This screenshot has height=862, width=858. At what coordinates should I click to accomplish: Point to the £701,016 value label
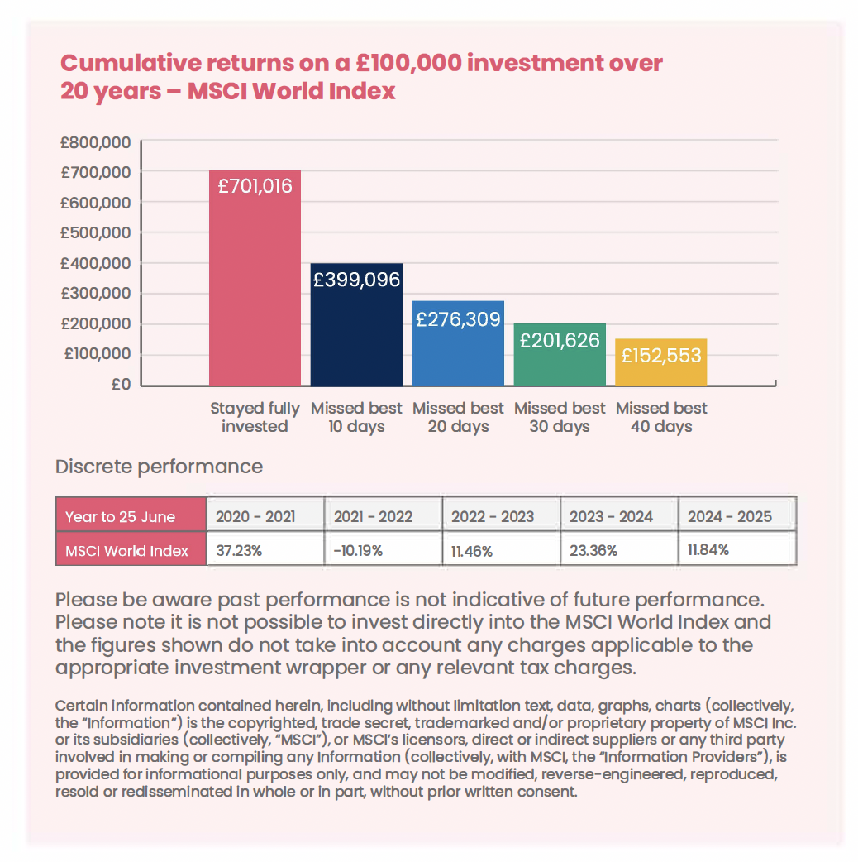click(255, 186)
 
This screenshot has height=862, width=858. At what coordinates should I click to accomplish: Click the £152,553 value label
click(661, 356)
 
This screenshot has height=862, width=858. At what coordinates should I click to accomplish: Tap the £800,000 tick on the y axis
click(96, 142)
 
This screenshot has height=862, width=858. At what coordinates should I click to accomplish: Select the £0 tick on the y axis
click(120, 385)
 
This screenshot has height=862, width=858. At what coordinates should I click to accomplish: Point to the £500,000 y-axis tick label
click(96, 233)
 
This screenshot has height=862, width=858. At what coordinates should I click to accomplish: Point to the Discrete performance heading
click(159, 467)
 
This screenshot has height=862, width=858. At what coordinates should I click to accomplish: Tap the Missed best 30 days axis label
click(560, 418)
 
